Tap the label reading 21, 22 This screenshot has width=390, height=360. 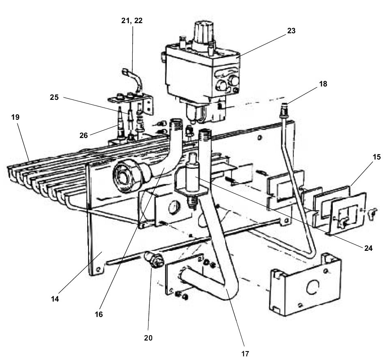[133, 21]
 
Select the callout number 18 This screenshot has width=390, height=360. [323, 84]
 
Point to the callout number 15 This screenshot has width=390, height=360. [377, 157]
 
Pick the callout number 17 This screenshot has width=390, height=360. [245, 353]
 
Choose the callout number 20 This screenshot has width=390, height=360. [148, 337]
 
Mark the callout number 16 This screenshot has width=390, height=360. [99, 314]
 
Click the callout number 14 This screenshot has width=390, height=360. [55, 299]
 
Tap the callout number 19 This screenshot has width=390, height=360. [15, 117]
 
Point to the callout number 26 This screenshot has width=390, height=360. [84, 136]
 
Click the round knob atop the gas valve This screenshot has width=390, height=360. [202, 30]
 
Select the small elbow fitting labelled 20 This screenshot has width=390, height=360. [153, 259]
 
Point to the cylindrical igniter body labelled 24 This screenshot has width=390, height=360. [190, 175]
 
